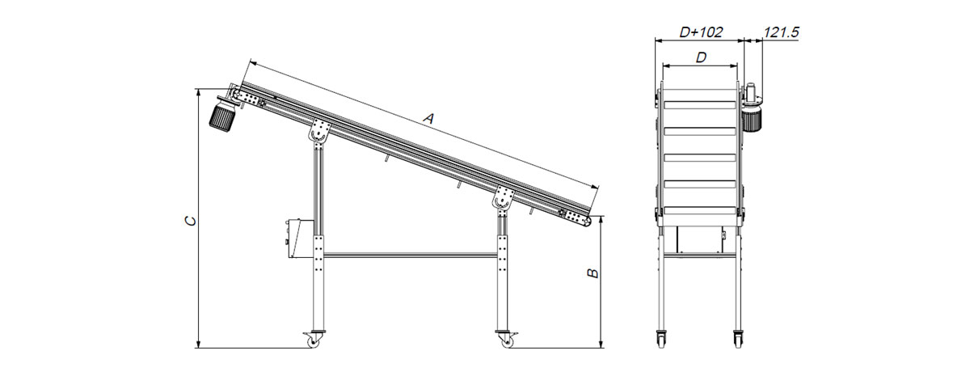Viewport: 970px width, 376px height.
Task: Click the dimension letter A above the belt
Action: coord(428,118)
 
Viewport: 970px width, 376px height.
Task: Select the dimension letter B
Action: coord(593,273)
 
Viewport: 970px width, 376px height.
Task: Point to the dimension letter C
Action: coord(190,221)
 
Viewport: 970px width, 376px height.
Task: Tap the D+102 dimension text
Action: coord(701,32)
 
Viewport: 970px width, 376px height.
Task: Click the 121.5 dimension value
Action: coord(781,32)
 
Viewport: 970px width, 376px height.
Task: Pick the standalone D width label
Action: coord(701,57)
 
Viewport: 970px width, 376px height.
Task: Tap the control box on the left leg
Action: coord(299,239)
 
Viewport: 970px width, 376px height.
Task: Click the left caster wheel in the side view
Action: coord(313,341)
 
